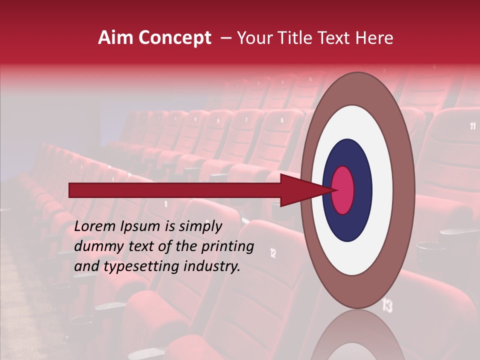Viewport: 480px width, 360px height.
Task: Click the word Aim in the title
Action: click(x=116, y=38)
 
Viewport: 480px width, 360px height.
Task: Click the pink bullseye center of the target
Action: click(x=343, y=189)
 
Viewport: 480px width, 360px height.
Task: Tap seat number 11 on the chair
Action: click(x=472, y=126)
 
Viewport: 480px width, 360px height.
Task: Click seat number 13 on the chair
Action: click(x=387, y=304)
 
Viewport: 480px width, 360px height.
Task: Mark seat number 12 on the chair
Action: click(x=273, y=253)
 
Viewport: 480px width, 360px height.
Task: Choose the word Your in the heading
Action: click(x=252, y=38)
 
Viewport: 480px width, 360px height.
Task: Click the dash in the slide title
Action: click(x=225, y=38)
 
